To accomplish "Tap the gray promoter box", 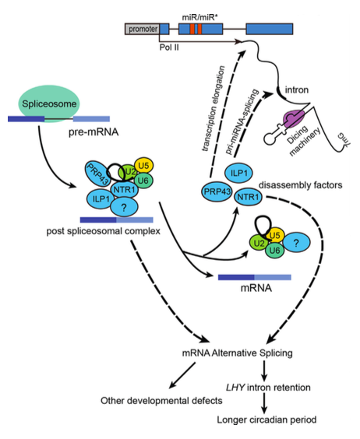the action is tap(142, 29).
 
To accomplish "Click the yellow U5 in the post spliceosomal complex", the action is tap(143, 166).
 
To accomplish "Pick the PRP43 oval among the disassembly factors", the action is tap(217, 191).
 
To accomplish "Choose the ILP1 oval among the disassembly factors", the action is tap(238, 173).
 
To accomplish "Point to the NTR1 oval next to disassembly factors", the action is tap(248, 197).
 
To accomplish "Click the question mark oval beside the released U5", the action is tap(296, 243).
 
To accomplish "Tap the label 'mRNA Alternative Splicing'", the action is tap(237, 353).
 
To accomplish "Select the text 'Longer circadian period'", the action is tap(266, 420).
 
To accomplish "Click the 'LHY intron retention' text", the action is tap(268, 388).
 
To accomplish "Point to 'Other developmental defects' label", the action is tap(161, 401).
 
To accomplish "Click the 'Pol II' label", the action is tap(169, 47).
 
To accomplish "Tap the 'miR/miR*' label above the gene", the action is tap(200, 17).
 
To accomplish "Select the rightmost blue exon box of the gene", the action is tap(270, 29).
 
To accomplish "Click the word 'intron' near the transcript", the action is tap(297, 90).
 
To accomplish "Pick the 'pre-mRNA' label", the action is tap(94, 132).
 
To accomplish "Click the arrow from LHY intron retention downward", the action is tap(264, 403).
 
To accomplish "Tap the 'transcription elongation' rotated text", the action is tap(214, 109).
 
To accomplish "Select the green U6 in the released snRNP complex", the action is tap(274, 250).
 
